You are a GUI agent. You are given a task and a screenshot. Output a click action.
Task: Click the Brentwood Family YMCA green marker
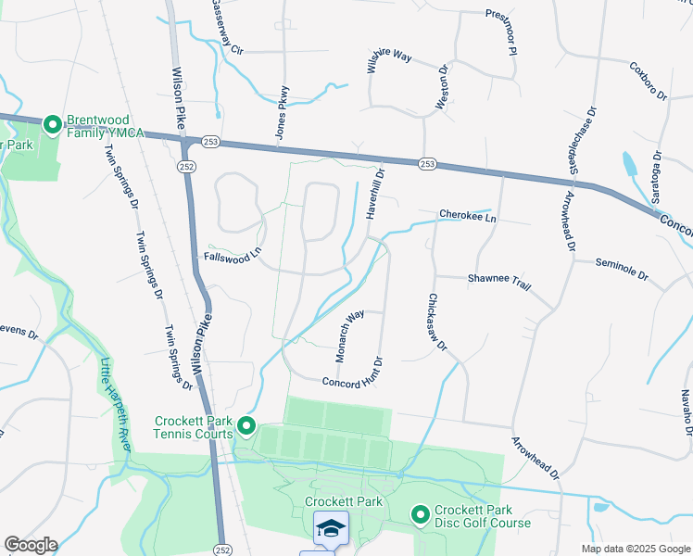click(x=53, y=123)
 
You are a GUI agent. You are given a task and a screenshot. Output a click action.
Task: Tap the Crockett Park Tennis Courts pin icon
click(x=246, y=426)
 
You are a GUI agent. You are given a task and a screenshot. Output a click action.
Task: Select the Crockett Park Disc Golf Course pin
click(x=420, y=513)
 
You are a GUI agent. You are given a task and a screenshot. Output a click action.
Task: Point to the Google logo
click(x=31, y=545)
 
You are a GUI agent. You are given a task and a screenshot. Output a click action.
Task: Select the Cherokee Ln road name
click(x=468, y=216)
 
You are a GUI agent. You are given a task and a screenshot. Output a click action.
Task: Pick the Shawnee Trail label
click(x=498, y=282)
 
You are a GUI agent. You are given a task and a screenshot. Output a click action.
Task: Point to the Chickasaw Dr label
click(x=437, y=322)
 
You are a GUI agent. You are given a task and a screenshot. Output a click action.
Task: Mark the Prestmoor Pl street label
click(x=500, y=32)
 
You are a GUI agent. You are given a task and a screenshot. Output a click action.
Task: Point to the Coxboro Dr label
click(x=649, y=82)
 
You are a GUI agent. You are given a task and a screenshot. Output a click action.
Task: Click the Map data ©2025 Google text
click(x=636, y=549)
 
